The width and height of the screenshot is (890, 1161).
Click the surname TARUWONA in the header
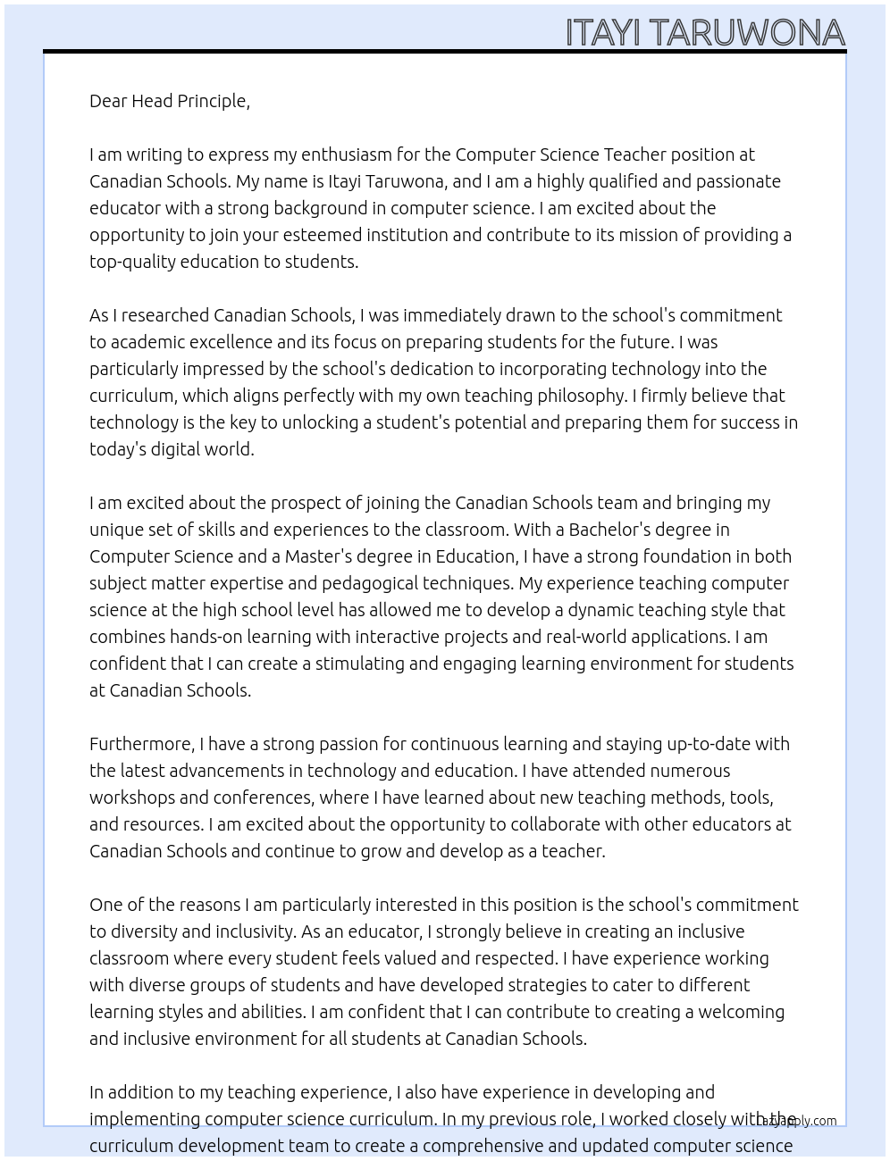point(747,33)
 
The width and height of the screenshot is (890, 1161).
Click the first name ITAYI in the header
point(603,33)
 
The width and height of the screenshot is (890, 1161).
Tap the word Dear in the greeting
point(108,101)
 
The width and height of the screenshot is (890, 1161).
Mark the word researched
point(165,315)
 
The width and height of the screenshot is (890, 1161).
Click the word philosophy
point(580,396)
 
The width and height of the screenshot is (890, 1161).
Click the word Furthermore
point(141,744)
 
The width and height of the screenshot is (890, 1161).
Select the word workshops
point(131,798)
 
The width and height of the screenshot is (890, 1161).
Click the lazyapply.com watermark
point(800,1121)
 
